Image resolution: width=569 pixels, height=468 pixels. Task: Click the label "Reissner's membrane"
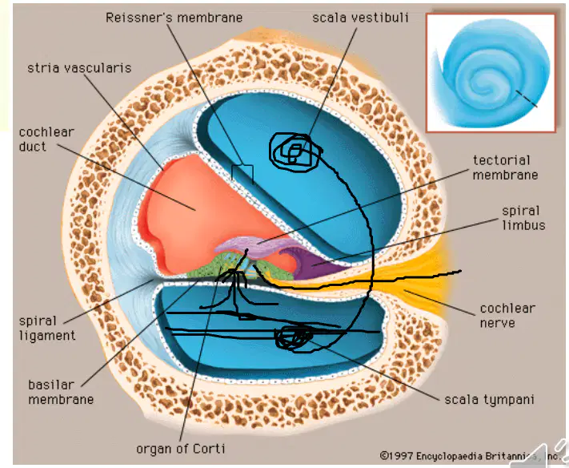[x=174, y=18]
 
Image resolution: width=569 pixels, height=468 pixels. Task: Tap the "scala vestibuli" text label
[x=360, y=18]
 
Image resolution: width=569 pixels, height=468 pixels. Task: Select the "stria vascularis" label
[x=79, y=68]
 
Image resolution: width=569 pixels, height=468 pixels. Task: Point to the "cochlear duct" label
[x=46, y=139]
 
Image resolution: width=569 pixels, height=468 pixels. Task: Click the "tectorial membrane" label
[x=505, y=167]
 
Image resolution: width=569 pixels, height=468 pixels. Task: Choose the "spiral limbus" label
[x=523, y=218]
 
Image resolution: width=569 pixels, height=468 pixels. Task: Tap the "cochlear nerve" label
[x=507, y=316]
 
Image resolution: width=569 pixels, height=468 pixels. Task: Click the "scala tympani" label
[x=489, y=400]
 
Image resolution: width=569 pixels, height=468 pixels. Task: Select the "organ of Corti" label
[x=181, y=449]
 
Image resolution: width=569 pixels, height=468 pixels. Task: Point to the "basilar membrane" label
[x=61, y=392]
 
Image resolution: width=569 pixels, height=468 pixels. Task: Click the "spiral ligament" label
[x=47, y=328]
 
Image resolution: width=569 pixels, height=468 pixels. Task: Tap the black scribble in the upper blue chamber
[x=296, y=152]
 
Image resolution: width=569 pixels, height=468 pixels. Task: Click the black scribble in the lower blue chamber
[x=293, y=339]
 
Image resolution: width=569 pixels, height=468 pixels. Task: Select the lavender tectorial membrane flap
[x=254, y=246]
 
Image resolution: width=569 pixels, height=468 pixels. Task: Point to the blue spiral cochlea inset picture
[x=491, y=73]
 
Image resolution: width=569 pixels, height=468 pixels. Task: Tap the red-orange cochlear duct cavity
[x=203, y=215]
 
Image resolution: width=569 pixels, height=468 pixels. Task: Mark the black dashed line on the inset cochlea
[x=526, y=99]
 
